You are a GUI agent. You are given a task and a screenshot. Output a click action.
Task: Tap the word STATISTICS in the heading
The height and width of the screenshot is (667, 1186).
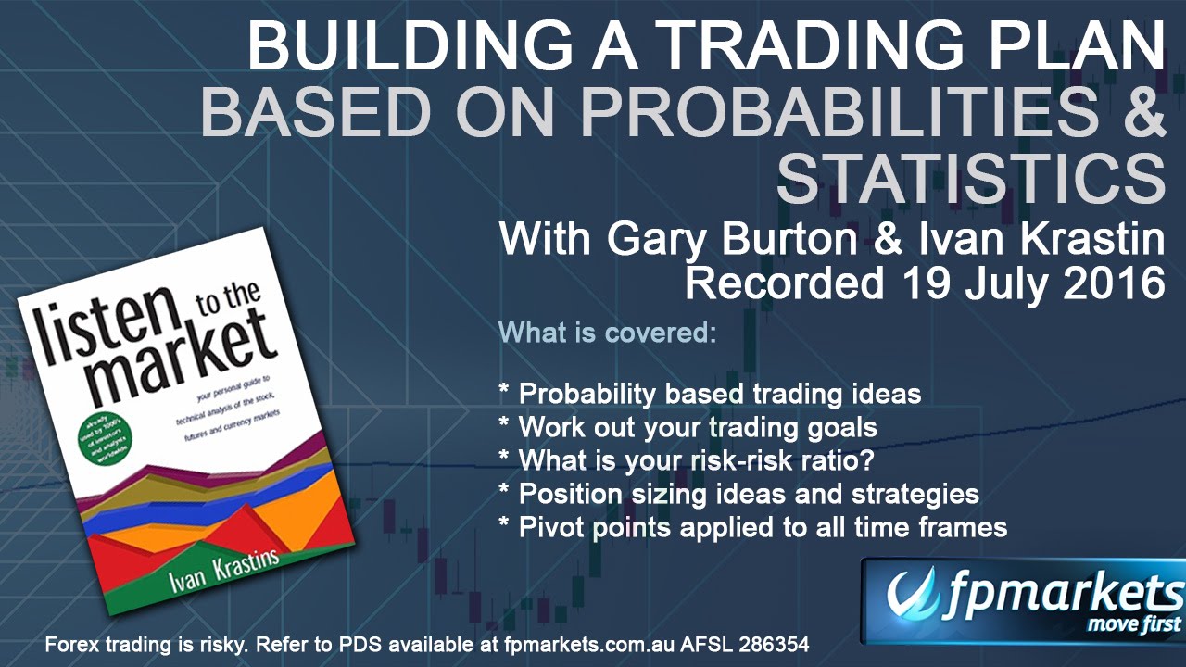[971, 180]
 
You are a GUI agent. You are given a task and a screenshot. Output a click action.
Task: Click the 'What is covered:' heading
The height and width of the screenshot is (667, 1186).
[607, 332]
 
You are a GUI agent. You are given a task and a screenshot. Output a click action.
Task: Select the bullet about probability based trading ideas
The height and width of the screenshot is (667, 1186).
[710, 394]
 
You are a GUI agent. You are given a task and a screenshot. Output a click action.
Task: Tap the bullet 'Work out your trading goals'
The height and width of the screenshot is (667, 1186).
[688, 427]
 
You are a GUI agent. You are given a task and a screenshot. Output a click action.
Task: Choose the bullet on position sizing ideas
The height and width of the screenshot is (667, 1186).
[738, 494]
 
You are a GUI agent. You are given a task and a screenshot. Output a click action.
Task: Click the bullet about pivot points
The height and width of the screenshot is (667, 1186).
[752, 527]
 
